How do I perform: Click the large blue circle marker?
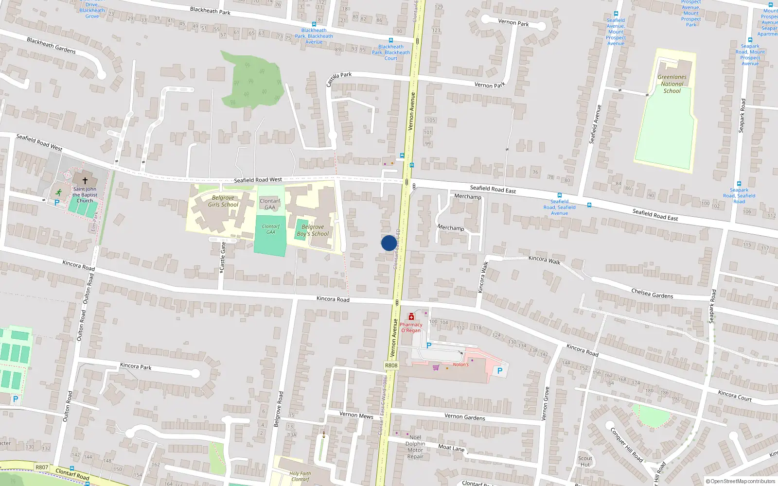[389, 243]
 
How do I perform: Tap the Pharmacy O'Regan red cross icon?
[411, 317]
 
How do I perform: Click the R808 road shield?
[391, 365]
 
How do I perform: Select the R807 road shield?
[42, 468]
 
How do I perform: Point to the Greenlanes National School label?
[672, 84]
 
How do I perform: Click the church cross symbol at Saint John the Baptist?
[85, 181]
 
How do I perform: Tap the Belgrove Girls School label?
[223, 201]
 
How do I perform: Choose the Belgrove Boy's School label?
[313, 230]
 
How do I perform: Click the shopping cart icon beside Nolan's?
[436, 367]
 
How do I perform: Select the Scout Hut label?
[585, 461]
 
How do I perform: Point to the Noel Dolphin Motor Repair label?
[415, 447]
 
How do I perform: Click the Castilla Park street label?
[338, 79]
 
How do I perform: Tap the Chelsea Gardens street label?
[652, 294]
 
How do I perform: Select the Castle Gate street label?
[223, 256]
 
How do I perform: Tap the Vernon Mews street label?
[356, 415]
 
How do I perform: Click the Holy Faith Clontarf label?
[300, 476]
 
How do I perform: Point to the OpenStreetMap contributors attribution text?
[741, 481]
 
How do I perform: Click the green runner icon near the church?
[59, 192]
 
